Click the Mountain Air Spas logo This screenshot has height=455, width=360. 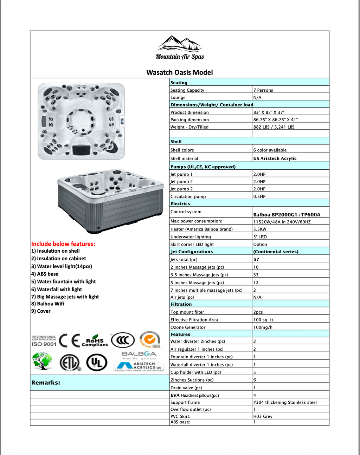(x=180, y=48)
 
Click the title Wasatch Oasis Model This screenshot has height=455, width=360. (x=180, y=72)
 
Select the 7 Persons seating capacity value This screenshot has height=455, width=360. (x=263, y=90)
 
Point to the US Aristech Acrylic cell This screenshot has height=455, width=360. (x=275, y=158)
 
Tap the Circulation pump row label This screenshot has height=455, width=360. (x=188, y=196)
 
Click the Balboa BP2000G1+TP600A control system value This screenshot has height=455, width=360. (x=287, y=214)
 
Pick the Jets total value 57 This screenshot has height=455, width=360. (x=256, y=259)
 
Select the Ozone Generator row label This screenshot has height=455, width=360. (x=188, y=327)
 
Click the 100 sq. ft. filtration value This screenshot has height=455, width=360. (x=264, y=320)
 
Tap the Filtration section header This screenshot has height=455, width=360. (x=181, y=304)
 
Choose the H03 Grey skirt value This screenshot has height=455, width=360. (x=263, y=416)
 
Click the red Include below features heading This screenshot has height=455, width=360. (x=63, y=244)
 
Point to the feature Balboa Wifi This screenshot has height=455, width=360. (x=48, y=304)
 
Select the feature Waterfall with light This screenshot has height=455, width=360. (x=57, y=289)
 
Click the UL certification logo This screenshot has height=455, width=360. (x=97, y=362)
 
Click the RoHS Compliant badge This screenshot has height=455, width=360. (x=95, y=340)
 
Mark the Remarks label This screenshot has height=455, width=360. (x=46, y=383)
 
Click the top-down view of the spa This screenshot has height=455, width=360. (x=81, y=121)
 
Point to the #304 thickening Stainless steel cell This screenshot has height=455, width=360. (x=285, y=402)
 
